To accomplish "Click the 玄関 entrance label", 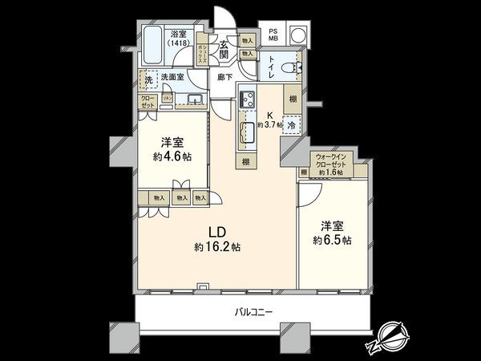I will [x=226, y=50].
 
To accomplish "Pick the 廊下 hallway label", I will [x=224, y=78].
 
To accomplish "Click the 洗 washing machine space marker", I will [x=147, y=81].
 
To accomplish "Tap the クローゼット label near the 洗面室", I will [x=148, y=101].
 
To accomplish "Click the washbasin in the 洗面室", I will [x=195, y=99].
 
